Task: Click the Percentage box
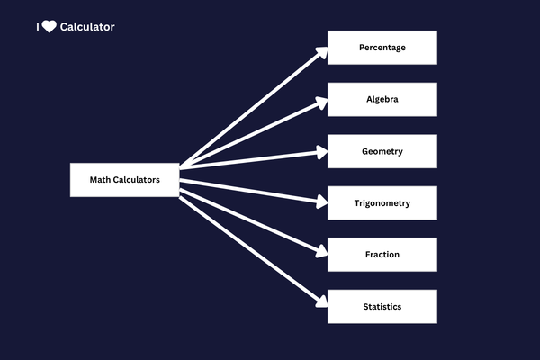coord(382,48)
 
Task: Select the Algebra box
coord(382,100)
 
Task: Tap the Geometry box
coord(382,151)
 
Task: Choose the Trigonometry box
coord(382,203)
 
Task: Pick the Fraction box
coord(382,255)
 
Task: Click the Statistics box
coord(382,307)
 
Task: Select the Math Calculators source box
coord(124,180)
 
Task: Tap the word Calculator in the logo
coord(87,27)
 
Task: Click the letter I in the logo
coord(38,27)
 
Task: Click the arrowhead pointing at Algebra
coord(321,101)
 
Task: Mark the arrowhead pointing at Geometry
coord(321,152)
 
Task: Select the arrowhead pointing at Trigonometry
coord(321,202)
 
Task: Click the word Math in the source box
coord(99,180)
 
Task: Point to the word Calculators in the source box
coord(136,180)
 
